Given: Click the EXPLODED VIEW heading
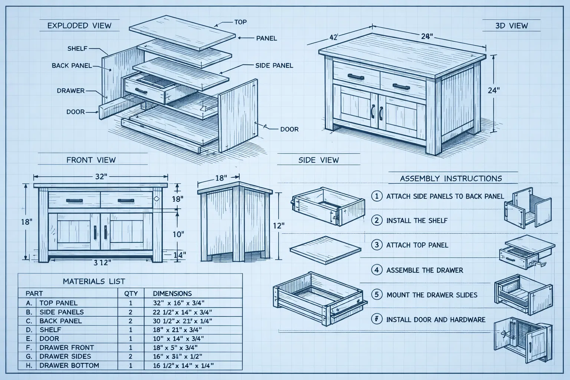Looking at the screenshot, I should pyautogui.click(x=79, y=26).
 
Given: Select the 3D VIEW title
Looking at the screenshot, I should pyautogui.click(x=511, y=26).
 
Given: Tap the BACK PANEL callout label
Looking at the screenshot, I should pyautogui.click(x=72, y=66).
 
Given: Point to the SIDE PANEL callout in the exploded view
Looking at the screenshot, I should pyautogui.click(x=274, y=65).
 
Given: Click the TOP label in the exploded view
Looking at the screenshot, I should pyautogui.click(x=240, y=22).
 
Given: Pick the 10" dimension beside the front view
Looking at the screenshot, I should pyautogui.click(x=178, y=234).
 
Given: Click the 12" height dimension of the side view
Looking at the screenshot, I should pyautogui.click(x=278, y=225).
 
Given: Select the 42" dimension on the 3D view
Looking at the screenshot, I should pyautogui.click(x=333, y=37).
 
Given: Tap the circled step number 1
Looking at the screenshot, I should pyautogui.click(x=377, y=196).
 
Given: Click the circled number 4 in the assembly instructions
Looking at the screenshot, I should pyautogui.click(x=377, y=270).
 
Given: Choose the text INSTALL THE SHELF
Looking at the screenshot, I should pyautogui.click(x=417, y=220).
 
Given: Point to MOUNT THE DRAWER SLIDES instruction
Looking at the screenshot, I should pyautogui.click(x=432, y=295).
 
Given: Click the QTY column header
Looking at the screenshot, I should pyautogui.click(x=130, y=293).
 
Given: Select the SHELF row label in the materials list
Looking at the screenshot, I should pyautogui.click(x=50, y=330).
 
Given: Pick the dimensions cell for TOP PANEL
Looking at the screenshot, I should pyautogui.click(x=178, y=303).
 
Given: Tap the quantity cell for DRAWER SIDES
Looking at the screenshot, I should pyautogui.click(x=130, y=356).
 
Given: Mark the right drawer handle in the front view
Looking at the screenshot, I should pyautogui.click(x=125, y=201).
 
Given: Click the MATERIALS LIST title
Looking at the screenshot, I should pyautogui.click(x=94, y=281).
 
